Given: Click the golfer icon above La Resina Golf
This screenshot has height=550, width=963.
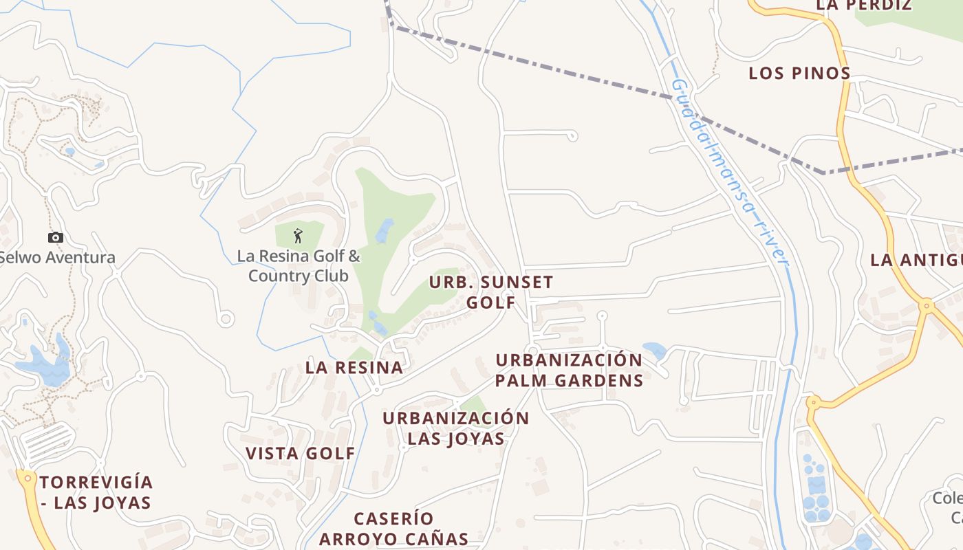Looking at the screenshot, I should [298, 236].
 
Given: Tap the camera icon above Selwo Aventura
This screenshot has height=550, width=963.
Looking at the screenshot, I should [56, 238].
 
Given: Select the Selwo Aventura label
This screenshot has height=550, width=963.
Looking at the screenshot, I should [56, 258].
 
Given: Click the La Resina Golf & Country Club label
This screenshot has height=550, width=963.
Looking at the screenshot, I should [299, 266].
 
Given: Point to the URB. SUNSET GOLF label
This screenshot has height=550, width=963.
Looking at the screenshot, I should [491, 292].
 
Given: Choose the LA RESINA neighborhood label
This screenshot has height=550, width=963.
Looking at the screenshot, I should [354, 368].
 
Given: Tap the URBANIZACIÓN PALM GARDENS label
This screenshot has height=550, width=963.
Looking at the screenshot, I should [569, 371].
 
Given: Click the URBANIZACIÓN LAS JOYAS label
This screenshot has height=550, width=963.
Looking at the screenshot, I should [456, 428].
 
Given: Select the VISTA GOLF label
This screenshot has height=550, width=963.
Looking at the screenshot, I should [301, 454].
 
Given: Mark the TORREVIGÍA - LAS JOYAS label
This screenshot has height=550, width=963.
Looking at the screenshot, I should [96, 492].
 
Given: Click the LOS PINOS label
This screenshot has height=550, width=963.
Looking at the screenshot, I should [799, 74].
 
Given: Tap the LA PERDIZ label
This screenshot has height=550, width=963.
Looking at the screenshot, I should [864, 5].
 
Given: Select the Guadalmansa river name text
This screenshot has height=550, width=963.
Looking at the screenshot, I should [729, 172].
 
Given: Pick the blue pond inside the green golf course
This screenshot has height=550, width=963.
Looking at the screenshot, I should [385, 230].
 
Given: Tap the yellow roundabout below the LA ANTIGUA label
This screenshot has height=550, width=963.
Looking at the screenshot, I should [927, 304].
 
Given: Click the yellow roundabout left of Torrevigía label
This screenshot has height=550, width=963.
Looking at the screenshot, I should [27, 476].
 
